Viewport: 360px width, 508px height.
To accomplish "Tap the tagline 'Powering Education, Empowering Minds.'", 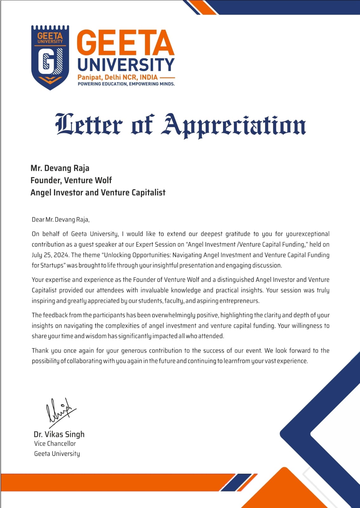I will pos(126,84).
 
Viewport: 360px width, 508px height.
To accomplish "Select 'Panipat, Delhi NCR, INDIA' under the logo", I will pos(118,77).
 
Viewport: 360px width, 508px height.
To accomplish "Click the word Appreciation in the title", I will pos(234,125).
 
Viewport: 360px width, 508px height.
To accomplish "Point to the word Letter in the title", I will pos(89,124).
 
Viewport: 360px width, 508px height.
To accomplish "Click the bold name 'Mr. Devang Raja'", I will pos(60,168).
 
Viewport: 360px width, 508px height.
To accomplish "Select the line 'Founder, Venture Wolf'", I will pos(71,180).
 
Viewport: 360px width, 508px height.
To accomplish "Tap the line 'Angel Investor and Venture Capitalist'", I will pos(98,192).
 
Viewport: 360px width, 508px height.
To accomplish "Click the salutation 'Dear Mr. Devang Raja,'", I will pos(61,219).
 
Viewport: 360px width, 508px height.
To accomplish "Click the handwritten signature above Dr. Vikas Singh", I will pos(60,411).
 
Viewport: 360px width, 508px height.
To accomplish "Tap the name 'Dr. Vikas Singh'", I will pos(59,434).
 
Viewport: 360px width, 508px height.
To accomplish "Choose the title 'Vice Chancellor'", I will pos(55,444).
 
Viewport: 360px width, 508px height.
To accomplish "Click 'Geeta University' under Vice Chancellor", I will pos(57,454).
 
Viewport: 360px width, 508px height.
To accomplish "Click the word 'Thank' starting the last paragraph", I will pos(40,351).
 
